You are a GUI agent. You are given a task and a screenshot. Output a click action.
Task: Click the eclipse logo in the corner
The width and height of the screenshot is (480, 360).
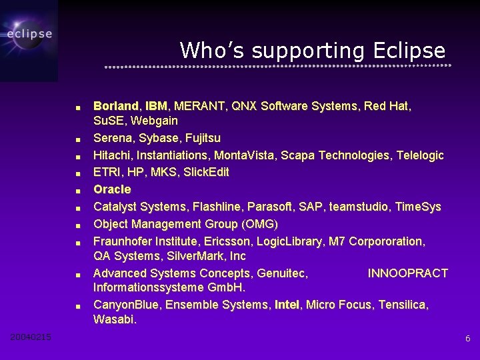tap(29, 33)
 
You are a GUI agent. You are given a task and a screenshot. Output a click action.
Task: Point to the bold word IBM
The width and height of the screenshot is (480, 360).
tap(156, 106)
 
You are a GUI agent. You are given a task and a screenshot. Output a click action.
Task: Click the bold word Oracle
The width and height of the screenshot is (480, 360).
tap(112, 189)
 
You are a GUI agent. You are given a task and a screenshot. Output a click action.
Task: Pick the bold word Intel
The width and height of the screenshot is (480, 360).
tap(287, 305)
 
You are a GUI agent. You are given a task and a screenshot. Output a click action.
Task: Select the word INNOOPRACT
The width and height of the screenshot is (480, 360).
tap(407, 273)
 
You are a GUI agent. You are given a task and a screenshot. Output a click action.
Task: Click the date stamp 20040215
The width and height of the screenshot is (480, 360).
tap(31, 337)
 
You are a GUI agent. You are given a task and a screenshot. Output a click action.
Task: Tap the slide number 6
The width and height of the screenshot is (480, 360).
tap(467, 339)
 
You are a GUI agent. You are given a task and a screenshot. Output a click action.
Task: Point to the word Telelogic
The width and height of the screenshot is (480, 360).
tap(419, 155)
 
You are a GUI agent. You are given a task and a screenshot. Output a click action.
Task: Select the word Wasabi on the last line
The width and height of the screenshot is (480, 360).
tap(115, 320)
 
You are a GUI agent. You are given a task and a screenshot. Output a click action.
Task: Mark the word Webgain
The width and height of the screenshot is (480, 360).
tap(154, 121)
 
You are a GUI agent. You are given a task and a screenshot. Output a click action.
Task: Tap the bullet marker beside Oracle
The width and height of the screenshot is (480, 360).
tap(78, 191)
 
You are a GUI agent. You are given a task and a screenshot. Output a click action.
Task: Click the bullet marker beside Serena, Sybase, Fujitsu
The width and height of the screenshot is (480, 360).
tap(78, 139)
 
